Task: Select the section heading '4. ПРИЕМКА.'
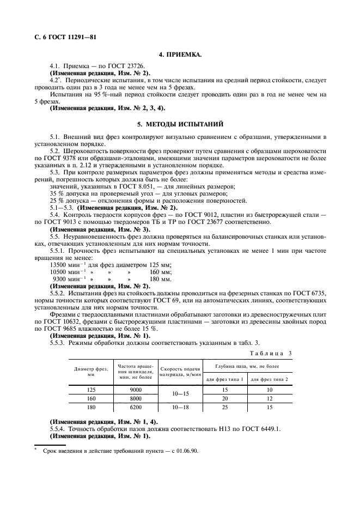[180, 55]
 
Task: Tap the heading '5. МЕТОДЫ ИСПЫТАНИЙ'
[180, 124]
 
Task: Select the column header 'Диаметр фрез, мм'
[91, 372]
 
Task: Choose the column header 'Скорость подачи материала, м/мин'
[180, 372]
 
